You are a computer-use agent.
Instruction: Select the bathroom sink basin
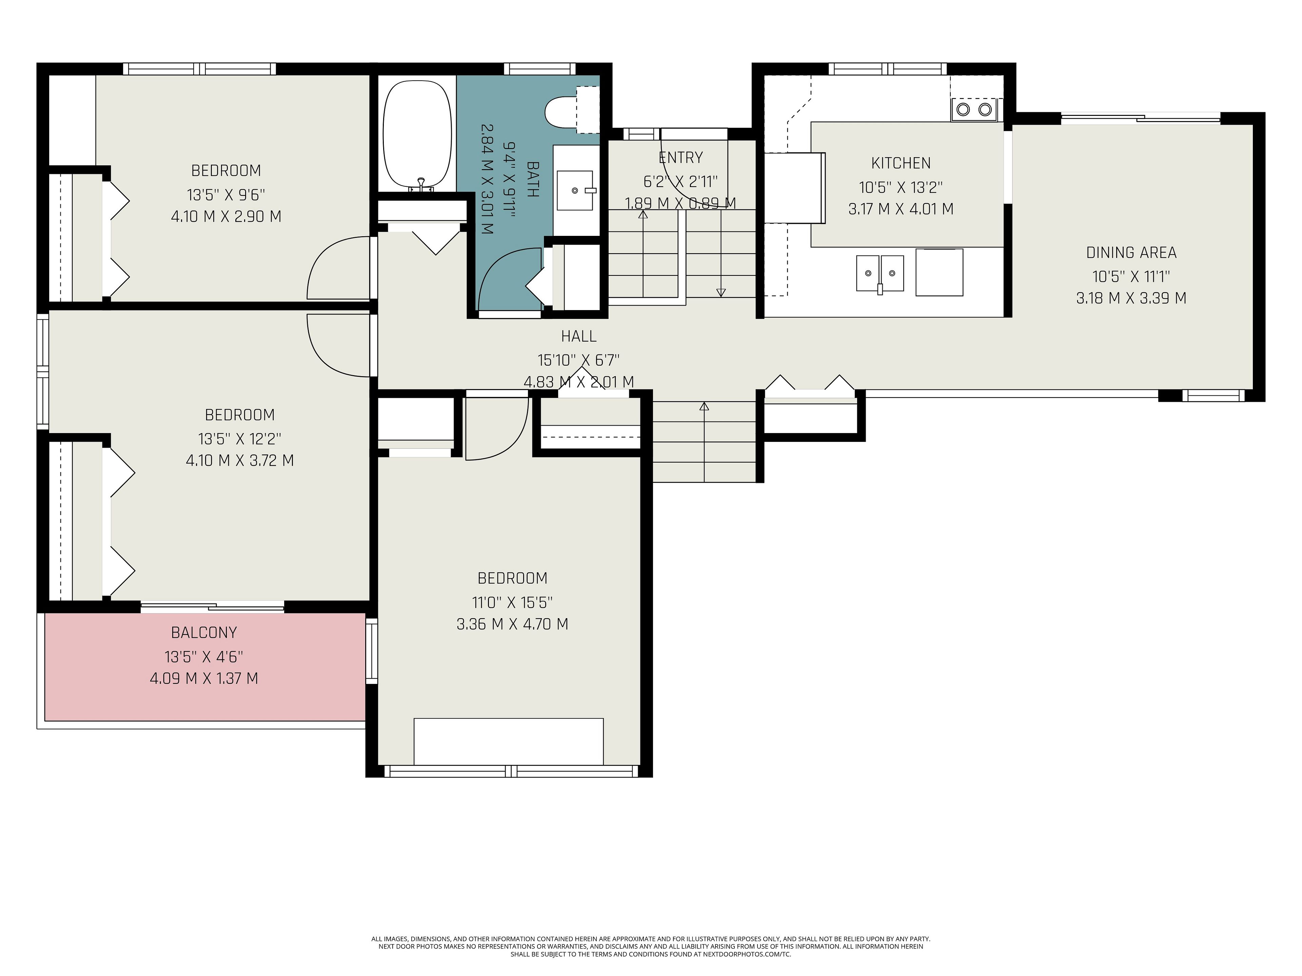pos(574,190)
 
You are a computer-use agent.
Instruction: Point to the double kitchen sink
pos(880,273)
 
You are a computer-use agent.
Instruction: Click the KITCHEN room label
pos(901,163)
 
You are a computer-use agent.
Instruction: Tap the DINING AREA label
pos(1131,252)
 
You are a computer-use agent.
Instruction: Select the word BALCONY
pos(204,632)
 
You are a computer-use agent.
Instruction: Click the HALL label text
pos(578,336)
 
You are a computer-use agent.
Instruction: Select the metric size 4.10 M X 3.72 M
pos(240,460)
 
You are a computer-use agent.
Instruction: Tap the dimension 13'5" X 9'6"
pos(226,194)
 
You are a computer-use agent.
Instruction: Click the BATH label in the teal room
pos(532,179)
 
